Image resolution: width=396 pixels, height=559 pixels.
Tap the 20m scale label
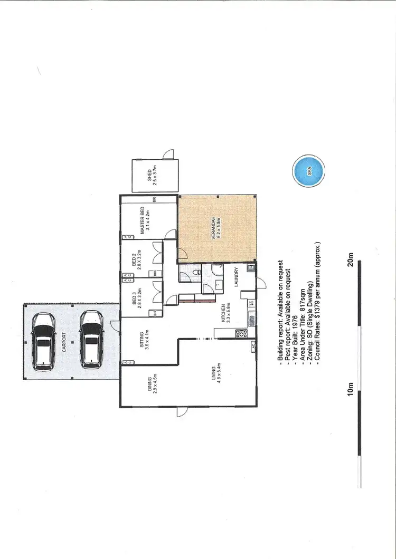pos(350,259)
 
